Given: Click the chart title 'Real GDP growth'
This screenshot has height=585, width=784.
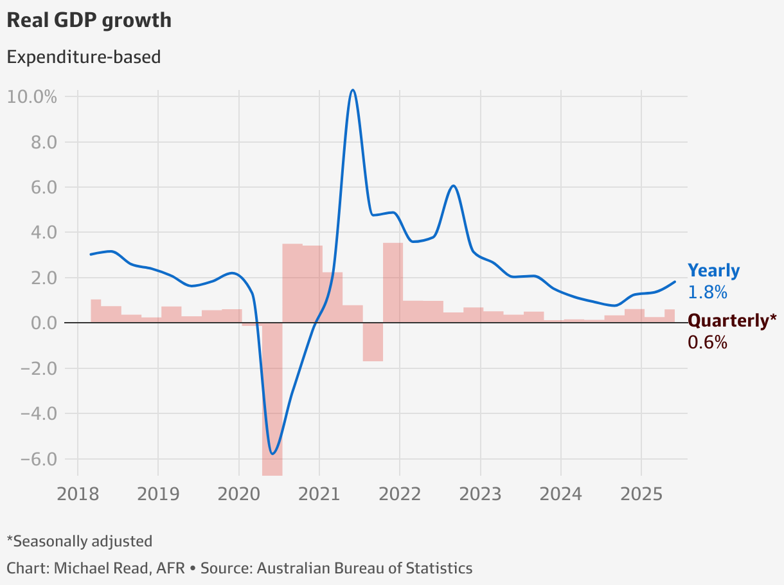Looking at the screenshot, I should click(89, 20).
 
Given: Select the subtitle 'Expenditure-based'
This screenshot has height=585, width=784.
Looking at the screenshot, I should click(84, 57).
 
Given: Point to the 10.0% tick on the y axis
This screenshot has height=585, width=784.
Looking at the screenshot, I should click(32, 97).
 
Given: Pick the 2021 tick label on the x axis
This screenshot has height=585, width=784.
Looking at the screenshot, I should click(319, 494).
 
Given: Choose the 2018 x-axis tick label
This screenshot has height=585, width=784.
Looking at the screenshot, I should click(78, 494).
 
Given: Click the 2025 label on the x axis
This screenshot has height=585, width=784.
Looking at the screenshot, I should click(641, 494).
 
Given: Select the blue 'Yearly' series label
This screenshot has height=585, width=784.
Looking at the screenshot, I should click(713, 271).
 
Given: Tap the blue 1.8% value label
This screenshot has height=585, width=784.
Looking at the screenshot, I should click(707, 292).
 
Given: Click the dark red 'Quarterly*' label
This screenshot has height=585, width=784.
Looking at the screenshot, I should click(732, 320).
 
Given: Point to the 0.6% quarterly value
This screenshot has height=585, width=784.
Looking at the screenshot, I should click(707, 343).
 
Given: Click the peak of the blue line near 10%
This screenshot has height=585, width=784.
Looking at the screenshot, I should click(352, 90).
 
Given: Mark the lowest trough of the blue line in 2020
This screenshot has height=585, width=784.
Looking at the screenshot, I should click(273, 454).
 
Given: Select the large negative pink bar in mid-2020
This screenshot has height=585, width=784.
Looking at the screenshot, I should click(272, 399).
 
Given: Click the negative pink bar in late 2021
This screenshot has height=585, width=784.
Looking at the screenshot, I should click(373, 342).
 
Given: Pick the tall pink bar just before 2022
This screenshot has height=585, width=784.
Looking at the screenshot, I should click(393, 283).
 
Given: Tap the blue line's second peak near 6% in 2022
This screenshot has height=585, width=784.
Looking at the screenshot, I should click(454, 186).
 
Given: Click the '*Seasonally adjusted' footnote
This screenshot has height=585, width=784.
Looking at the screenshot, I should click(79, 541).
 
